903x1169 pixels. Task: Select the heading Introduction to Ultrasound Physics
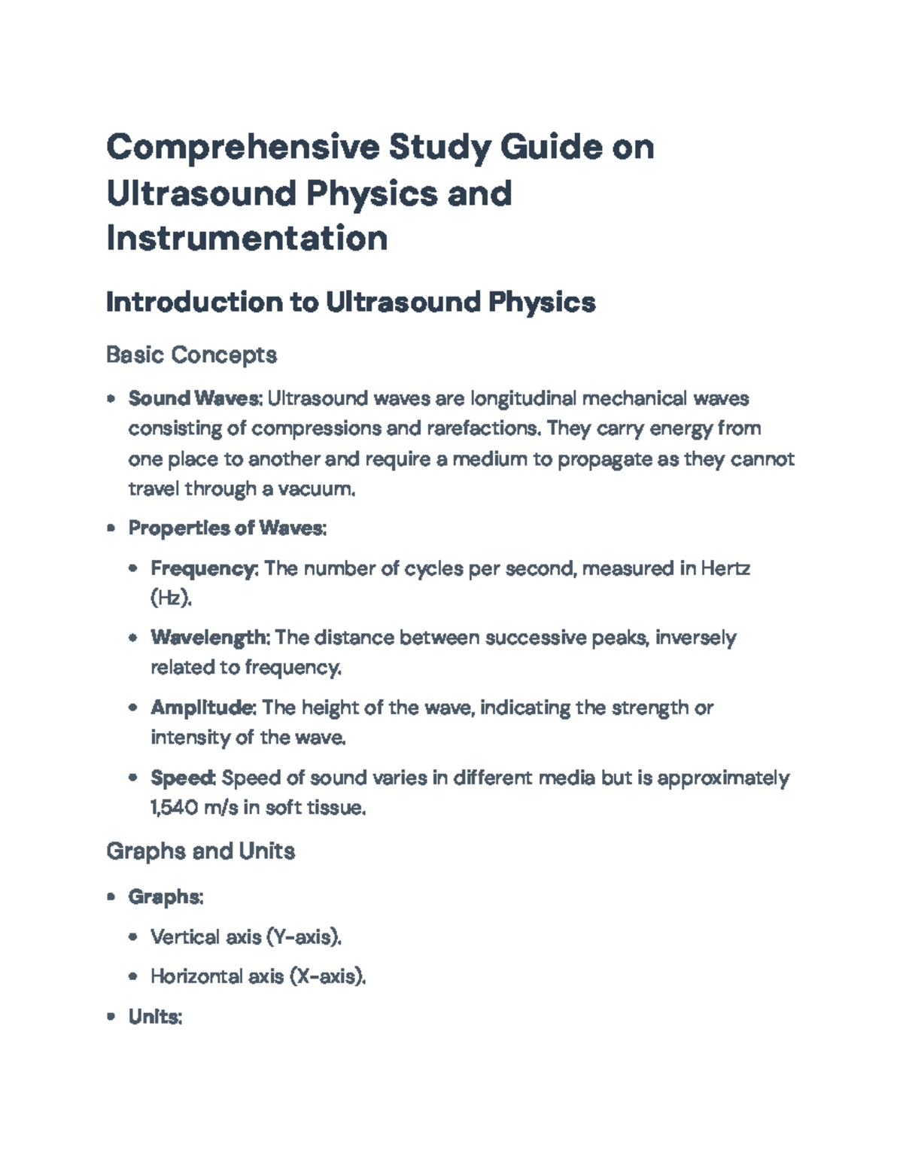tap(351, 302)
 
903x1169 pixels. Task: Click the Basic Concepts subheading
tap(191, 354)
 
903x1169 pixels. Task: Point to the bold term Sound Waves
tap(193, 397)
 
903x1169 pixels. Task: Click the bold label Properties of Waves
tap(226, 528)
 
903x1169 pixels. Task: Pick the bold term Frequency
tap(203, 568)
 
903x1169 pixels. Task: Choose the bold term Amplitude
tap(203, 708)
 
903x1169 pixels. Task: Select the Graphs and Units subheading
tap(200, 851)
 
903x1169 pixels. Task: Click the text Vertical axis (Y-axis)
tap(246, 937)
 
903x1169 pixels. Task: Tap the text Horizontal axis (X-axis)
tap(257, 977)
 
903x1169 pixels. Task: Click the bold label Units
tap(154, 1017)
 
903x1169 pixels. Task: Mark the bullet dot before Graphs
tap(111, 897)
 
